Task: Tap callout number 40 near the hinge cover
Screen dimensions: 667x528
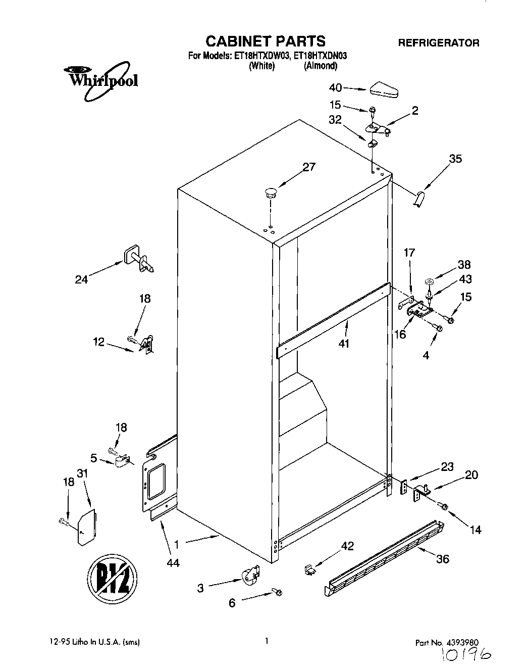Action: [x=336, y=88]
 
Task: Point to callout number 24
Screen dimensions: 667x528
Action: [x=81, y=279]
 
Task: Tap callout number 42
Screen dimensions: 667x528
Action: [x=347, y=546]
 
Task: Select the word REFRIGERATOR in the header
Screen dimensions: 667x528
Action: [x=439, y=43]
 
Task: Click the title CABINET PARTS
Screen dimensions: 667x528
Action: [x=265, y=40]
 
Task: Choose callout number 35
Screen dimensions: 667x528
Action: [x=455, y=159]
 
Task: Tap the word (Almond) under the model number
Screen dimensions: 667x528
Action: [x=320, y=66]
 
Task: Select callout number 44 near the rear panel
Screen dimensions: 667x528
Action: [x=173, y=562]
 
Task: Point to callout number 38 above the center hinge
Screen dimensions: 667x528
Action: [x=464, y=264]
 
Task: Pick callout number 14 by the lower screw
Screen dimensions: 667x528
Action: [x=476, y=530]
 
